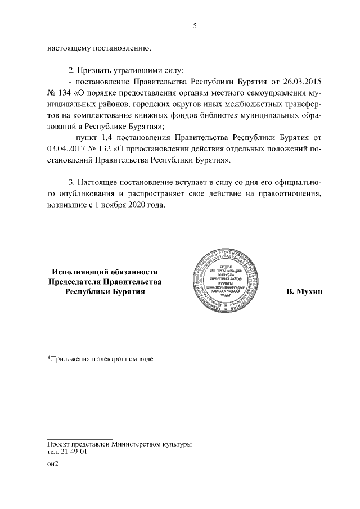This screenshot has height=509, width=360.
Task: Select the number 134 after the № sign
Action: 66,92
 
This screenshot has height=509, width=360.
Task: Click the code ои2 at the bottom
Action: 53,464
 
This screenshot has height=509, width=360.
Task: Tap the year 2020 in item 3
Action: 144,205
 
